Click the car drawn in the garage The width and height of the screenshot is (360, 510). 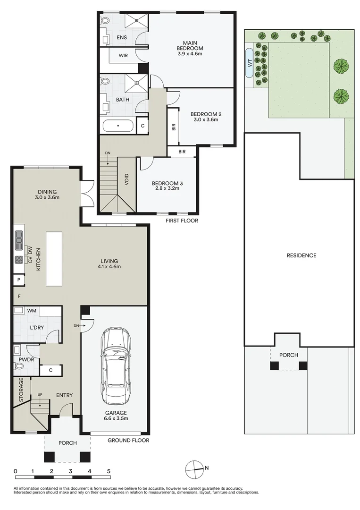tap(115, 366)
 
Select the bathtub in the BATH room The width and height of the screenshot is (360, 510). tap(117, 126)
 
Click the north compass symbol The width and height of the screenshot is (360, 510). tap(194, 468)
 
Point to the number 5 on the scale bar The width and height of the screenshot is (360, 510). tap(109, 471)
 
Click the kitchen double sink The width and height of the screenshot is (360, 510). tap(19, 240)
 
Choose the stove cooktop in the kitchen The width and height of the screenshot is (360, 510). tap(19, 260)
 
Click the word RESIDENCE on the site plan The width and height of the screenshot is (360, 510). tap(301, 255)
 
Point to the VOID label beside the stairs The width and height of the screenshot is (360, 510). tap(127, 181)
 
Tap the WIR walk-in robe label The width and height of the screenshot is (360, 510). tap(123, 55)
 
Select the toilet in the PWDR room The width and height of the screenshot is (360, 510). tap(18, 365)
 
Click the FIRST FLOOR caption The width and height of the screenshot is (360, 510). tap(182, 221)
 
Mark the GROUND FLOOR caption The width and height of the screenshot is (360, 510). tap(128, 440)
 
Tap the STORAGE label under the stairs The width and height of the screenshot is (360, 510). tap(21, 390)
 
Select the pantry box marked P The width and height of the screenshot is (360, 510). tap(18, 280)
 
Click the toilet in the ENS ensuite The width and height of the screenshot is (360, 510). tap(105, 20)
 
